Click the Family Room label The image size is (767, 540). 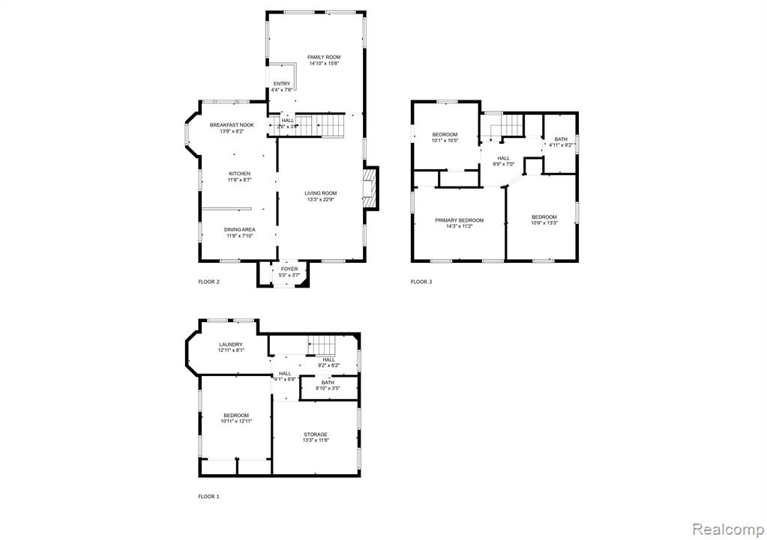tap(324, 57)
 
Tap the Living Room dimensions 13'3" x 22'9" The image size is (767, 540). tap(321, 199)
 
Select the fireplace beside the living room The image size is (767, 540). tap(371, 189)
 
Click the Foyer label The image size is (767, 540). tap(289, 270)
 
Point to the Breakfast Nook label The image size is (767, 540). tap(232, 125)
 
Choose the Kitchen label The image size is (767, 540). tap(240, 174)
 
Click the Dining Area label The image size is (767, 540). tap(240, 230)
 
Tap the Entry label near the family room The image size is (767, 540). tap(282, 84)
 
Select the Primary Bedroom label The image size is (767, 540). tap(460, 220)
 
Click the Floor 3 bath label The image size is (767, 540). tap(561, 139)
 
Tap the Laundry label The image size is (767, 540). tap(231, 345)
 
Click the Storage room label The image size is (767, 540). tap(316, 434)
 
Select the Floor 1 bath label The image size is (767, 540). tap(328, 383)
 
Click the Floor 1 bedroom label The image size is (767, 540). tap(236, 416)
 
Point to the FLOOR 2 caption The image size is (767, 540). tap(209, 282)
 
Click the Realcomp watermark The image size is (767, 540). tap(728, 530)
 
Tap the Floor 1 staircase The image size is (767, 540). tap(322, 345)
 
